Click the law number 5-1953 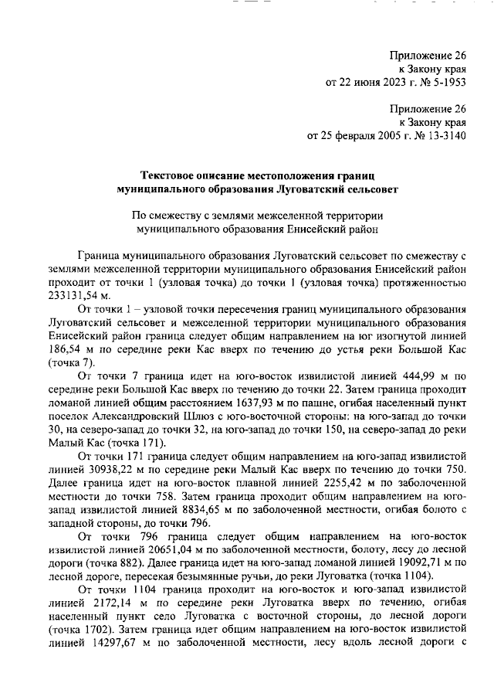click(x=447, y=81)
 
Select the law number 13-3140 click(x=443, y=137)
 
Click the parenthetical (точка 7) click(x=72, y=362)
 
